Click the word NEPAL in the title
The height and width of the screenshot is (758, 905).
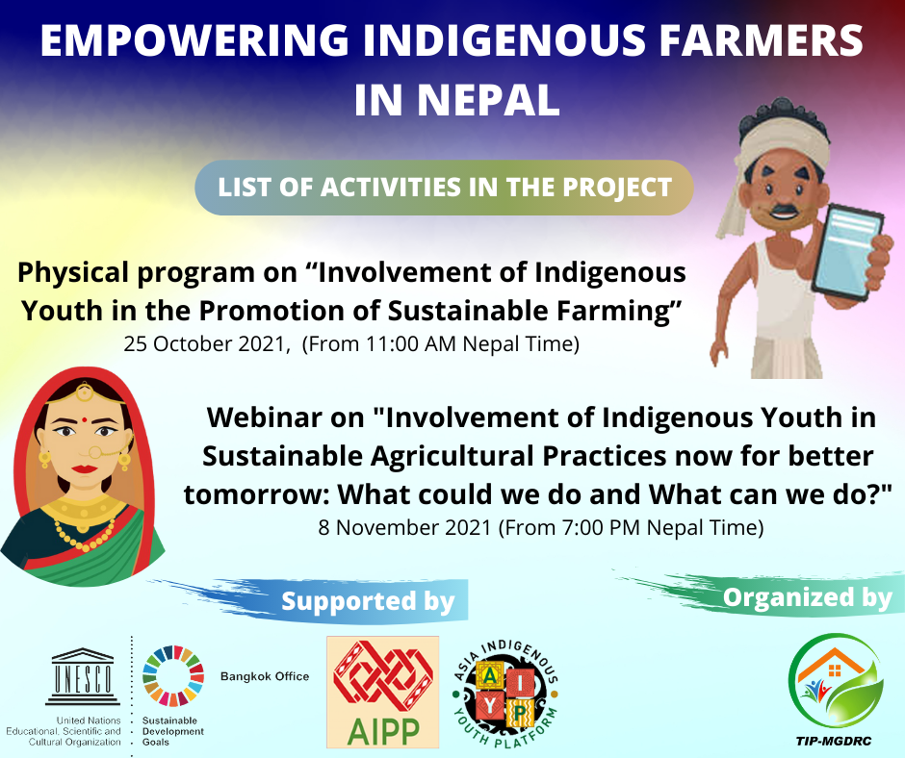(x=488, y=100)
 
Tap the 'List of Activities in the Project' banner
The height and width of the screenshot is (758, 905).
(x=444, y=188)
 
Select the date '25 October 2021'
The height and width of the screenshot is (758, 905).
(x=205, y=343)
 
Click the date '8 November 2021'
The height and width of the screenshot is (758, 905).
(x=404, y=527)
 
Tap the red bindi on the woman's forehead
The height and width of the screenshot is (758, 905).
(x=85, y=417)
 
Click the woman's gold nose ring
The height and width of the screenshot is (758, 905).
(x=96, y=452)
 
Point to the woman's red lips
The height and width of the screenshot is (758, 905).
(x=85, y=468)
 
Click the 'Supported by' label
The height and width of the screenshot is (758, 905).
(x=368, y=601)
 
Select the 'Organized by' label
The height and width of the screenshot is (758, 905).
(x=808, y=597)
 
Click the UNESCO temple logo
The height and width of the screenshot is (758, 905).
(x=83, y=676)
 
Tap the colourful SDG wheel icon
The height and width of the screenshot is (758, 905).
(x=173, y=676)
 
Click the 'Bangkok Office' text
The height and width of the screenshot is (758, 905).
(x=265, y=676)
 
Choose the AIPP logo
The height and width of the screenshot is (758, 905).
(x=382, y=693)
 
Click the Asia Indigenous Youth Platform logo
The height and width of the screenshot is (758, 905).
(x=505, y=693)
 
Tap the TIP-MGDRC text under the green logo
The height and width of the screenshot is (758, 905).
(x=834, y=741)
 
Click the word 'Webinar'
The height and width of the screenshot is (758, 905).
(x=286, y=417)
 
